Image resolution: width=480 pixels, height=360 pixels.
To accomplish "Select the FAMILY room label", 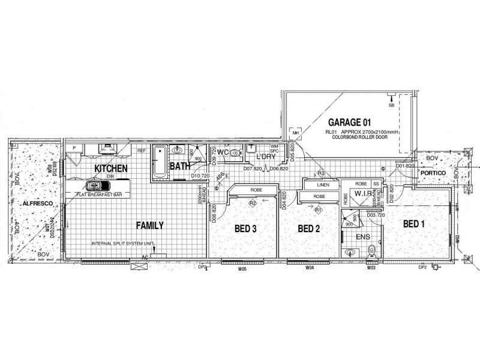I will pos(150,226).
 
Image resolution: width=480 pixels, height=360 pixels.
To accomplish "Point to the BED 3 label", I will pos(245,229).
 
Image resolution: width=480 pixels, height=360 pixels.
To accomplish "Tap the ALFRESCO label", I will pos(35,204).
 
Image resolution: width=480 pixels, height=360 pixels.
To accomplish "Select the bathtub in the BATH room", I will pos(160,161).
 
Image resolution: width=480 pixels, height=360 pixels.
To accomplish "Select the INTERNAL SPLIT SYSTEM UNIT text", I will pos(123,244).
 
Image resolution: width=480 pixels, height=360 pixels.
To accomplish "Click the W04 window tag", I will pos(310,269).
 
